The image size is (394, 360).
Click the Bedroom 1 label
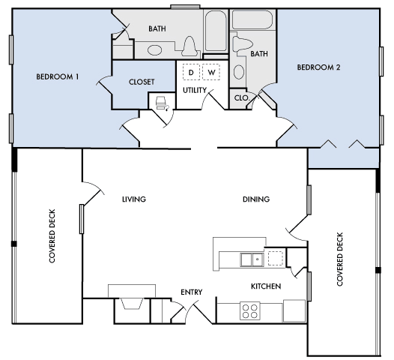pyautogui.click(x=58, y=76)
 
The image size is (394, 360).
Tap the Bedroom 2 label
pyautogui.click(x=318, y=67)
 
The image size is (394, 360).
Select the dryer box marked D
pyautogui.click(x=191, y=73)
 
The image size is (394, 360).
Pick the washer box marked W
pyautogui.click(x=211, y=73)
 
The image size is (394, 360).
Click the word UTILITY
pyautogui.click(x=195, y=90)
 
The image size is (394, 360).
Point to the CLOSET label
pyautogui.click(x=142, y=82)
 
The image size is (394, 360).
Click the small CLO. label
pyautogui.click(x=241, y=97)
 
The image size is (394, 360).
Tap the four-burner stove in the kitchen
pyautogui.click(x=249, y=311)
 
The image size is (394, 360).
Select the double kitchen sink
pyautogui.click(x=252, y=259)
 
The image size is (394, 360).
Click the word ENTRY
pyautogui.click(x=192, y=292)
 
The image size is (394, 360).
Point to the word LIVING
pyautogui.click(x=134, y=199)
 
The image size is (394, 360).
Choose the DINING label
pyautogui.click(x=256, y=199)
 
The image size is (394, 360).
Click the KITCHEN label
pyautogui.click(x=266, y=286)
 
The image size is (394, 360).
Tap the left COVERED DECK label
pyautogui.click(x=52, y=236)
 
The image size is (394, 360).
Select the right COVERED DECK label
pyautogui.click(x=340, y=259)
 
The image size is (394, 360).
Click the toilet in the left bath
pyautogui.click(x=190, y=46)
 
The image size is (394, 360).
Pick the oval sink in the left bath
pyautogui.click(x=154, y=50)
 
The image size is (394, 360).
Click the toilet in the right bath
pyautogui.click(x=242, y=44)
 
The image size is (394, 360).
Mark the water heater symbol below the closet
pyautogui.click(x=162, y=104)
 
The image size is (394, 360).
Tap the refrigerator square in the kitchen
pyautogui.click(x=294, y=310)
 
